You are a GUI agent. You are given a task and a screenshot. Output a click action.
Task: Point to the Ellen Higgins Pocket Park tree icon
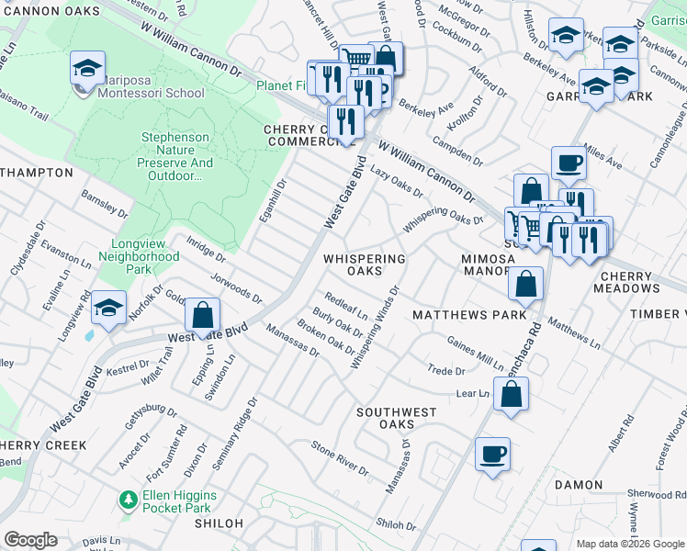(129, 500)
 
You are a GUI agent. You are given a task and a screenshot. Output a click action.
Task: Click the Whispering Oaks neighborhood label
(365, 264)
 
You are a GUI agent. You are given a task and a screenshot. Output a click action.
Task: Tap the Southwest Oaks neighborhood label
(397, 418)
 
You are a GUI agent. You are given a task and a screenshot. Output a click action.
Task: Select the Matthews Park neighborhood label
(469, 315)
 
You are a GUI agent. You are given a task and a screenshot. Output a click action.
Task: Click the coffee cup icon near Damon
(493, 453)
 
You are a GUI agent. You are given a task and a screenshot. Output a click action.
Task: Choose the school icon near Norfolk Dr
(108, 309)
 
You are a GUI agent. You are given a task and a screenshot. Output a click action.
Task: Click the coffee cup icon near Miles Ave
(569, 162)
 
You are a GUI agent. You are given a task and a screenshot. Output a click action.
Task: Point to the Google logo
(30, 540)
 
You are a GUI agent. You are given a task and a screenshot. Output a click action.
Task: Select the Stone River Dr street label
(340, 458)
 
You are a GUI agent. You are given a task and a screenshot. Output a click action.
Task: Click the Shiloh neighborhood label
(219, 523)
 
